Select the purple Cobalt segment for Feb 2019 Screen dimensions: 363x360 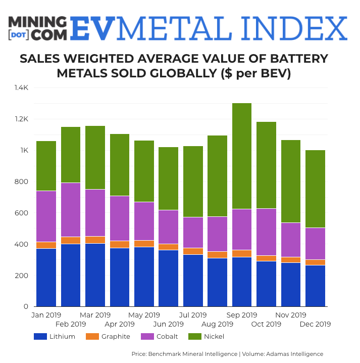coord(71,210)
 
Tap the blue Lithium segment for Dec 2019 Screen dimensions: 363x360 coord(315,286)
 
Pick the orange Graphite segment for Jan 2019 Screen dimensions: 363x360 coord(46,245)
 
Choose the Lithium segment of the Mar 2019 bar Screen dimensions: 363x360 coord(95,275)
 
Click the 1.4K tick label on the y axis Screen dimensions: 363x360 coord(21,88)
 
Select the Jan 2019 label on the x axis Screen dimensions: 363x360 coord(46,315)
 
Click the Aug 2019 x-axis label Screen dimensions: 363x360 coord(218,324)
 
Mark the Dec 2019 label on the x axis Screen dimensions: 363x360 coord(316,324)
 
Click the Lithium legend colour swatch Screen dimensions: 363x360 coord(40,337)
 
